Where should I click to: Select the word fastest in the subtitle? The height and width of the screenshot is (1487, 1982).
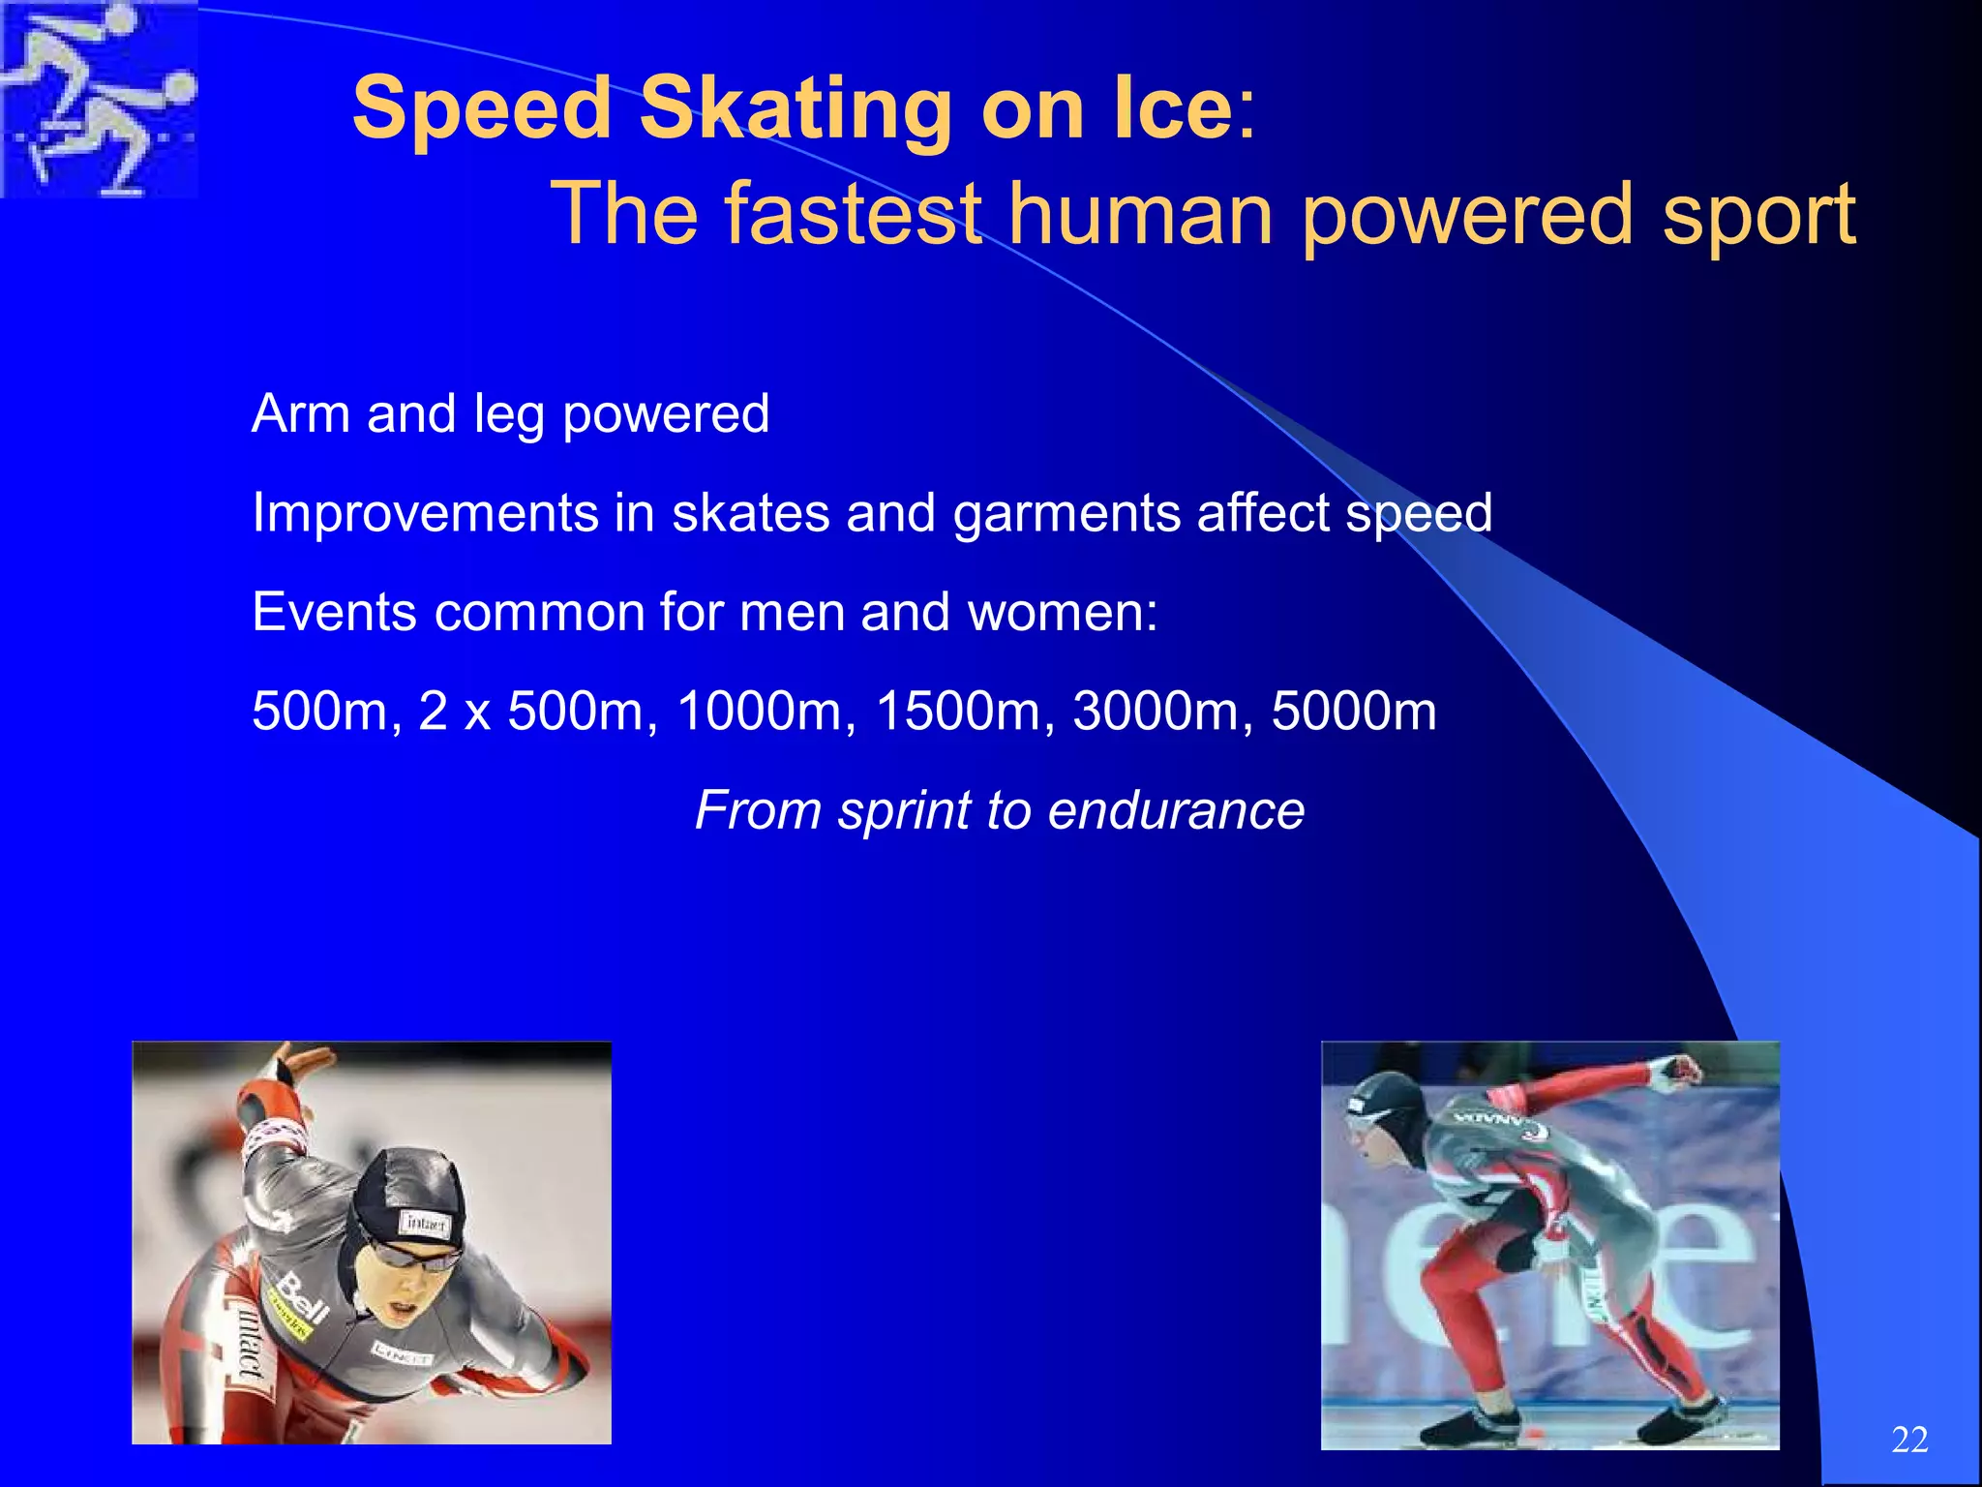pyautogui.click(x=853, y=214)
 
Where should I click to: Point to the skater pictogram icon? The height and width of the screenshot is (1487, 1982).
pyautogui.click(x=99, y=99)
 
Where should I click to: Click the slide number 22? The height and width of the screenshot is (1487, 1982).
pyautogui.click(x=1908, y=1440)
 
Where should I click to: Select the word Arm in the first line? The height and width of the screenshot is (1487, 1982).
pyautogui.click(x=300, y=414)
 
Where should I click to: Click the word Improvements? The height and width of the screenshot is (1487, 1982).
pyautogui.click(x=424, y=513)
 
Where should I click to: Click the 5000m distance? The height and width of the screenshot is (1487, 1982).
pyautogui.click(x=1353, y=712)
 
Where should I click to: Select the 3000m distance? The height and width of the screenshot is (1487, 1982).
pyautogui.click(x=1154, y=712)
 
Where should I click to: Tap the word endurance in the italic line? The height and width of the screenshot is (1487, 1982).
pyautogui.click(x=1175, y=810)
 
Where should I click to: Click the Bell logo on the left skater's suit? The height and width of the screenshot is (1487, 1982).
pyautogui.click(x=302, y=1300)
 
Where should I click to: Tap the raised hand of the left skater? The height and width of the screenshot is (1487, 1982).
pyautogui.click(x=290, y=1065)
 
